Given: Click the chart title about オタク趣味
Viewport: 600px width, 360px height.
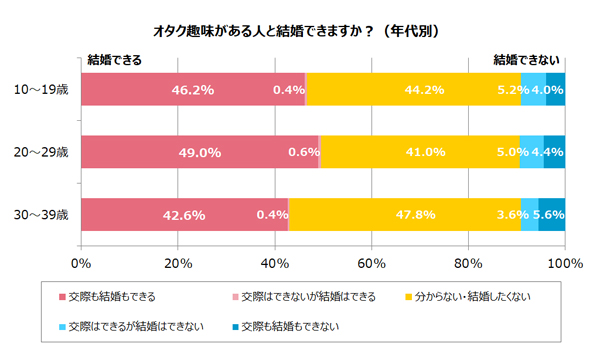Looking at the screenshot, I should tap(300, 31).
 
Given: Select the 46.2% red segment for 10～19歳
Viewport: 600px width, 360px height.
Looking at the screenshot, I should tap(190, 89).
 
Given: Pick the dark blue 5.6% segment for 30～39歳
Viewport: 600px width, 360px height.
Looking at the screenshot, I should tap(552, 215).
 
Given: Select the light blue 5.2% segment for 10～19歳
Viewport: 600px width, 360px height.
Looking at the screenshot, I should tap(533, 89).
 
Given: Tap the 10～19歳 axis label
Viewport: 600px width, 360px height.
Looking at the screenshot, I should tap(41, 89).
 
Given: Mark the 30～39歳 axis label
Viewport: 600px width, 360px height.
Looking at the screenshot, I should tap(41, 215).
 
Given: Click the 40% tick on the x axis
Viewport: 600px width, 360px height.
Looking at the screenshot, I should tap(275, 264).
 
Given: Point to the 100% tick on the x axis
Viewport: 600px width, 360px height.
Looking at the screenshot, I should tap(565, 264).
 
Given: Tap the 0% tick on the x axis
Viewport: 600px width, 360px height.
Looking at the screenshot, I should tap(81, 264).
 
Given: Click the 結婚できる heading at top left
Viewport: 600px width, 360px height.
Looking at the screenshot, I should tap(115, 60).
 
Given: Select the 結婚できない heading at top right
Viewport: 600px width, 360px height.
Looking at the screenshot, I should tap(526, 60).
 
